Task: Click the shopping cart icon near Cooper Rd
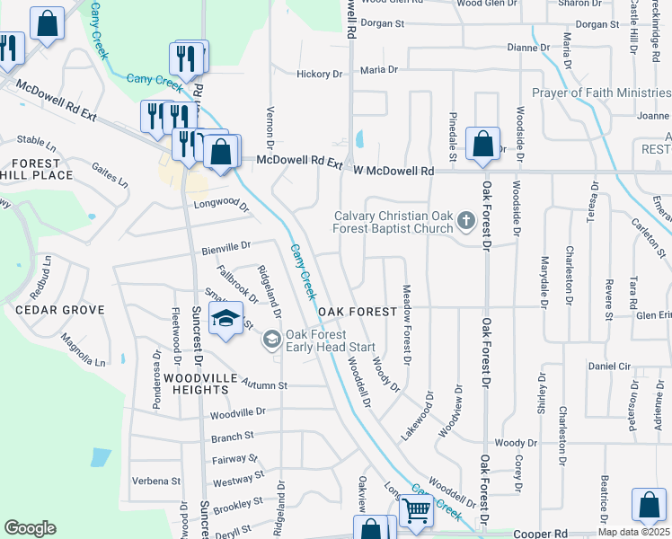click(x=416, y=510)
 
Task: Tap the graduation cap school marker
click(x=226, y=318)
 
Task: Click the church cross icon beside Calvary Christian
click(x=465, y=219)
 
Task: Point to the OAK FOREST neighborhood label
click(x=358, y=312)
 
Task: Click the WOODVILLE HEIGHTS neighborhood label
click(x=195, y=384)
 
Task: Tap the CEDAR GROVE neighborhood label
click(x=59, y=310)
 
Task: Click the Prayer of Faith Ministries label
click(x=601, y=93)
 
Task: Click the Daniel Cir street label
click(x=609, y=367)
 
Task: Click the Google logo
click(x=30, y=528)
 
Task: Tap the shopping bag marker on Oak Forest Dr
click(x=482, y=144)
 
